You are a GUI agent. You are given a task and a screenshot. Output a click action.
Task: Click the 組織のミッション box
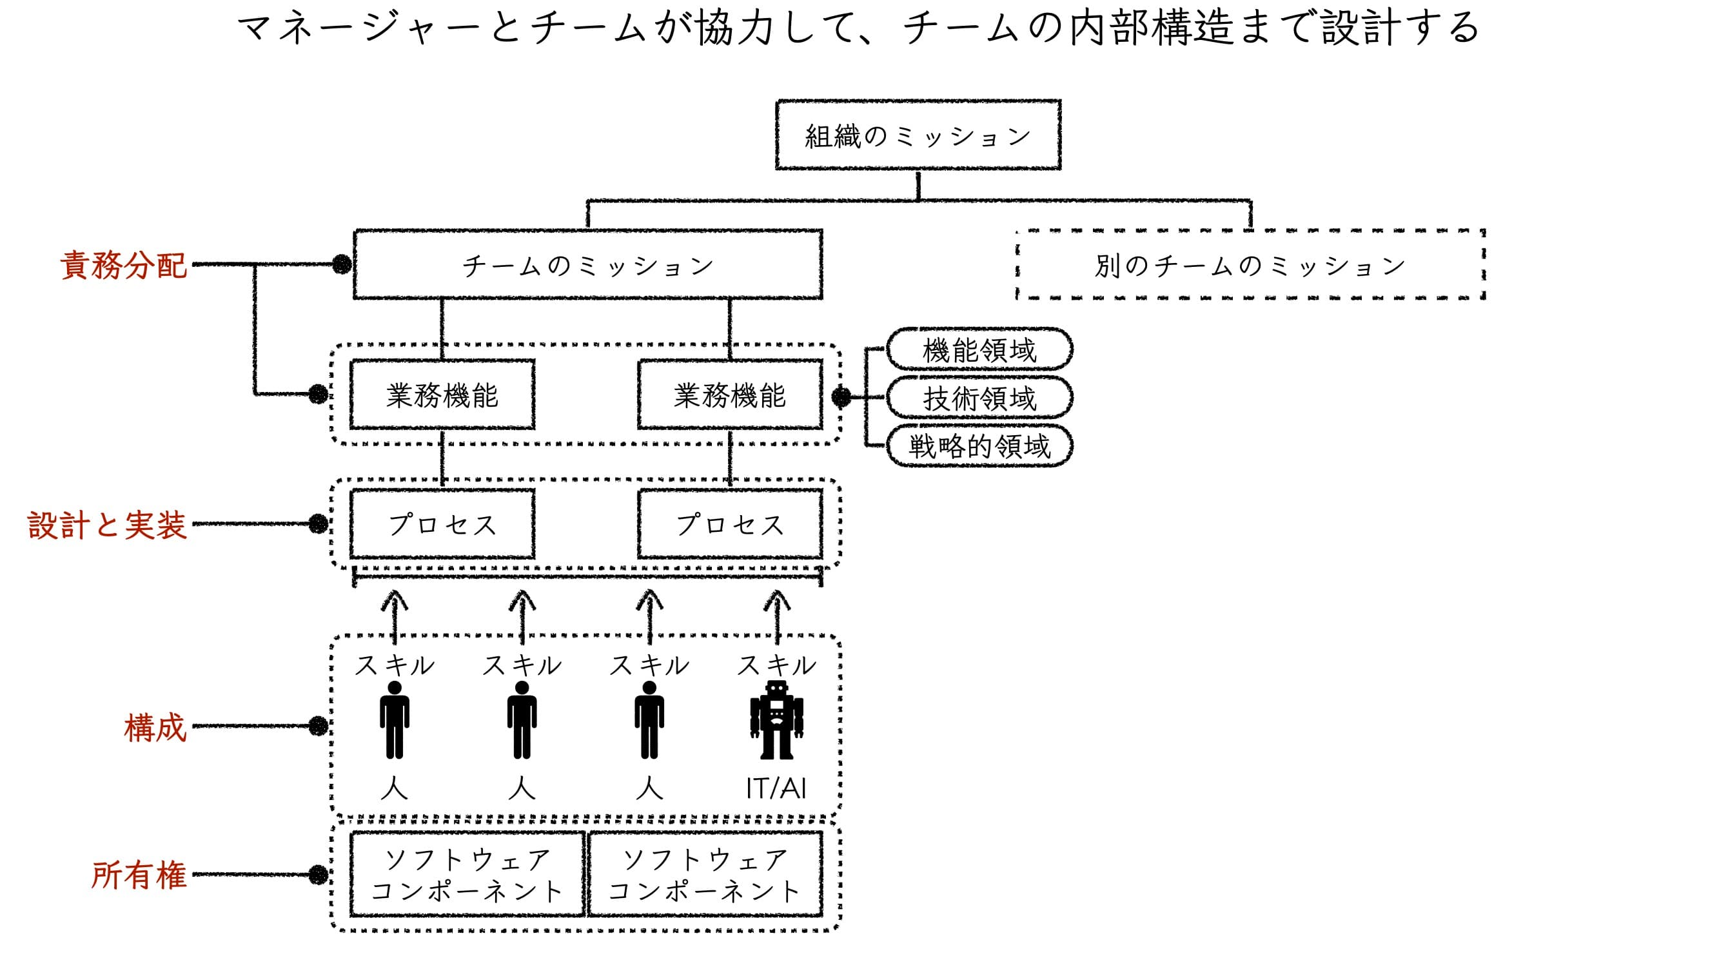[x=918, y=135]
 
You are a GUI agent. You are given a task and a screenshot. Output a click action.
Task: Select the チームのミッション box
[x=587, y=265]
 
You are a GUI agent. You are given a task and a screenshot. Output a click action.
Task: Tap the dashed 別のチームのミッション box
[x=1249, y=265]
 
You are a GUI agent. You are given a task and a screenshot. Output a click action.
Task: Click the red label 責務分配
[x=123, y=265]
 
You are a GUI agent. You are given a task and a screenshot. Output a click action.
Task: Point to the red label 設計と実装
[x=107, y=525]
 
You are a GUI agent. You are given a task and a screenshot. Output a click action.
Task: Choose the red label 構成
[x=155, y=727]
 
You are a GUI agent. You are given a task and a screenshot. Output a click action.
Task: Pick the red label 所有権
[x=139, y=875]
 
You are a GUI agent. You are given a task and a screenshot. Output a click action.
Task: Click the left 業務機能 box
[x=442, y=395]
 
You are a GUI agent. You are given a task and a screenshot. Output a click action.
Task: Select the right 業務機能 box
[x=729, y=395]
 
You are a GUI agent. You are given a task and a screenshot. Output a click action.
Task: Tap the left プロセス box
[x=442, y=525]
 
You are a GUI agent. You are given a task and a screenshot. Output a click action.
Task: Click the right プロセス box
[x=729, y=525]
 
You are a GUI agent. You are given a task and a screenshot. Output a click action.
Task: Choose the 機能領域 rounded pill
[x=979, y=349]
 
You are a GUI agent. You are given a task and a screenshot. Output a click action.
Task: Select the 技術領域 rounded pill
[x=979, y=398]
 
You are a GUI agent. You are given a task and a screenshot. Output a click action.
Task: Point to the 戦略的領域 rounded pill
[x=979, y=447]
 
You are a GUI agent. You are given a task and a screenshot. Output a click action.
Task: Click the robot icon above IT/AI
[x=776, y=721]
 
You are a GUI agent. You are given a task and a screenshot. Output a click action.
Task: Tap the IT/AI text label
[x=776, y=789]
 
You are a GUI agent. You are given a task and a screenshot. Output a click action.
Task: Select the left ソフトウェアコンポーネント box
[x=467, y=875]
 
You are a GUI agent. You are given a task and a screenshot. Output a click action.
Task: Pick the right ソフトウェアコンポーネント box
[x=704, y=875]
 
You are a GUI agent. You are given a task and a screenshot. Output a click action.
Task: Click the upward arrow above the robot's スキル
[x=777, y=614]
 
